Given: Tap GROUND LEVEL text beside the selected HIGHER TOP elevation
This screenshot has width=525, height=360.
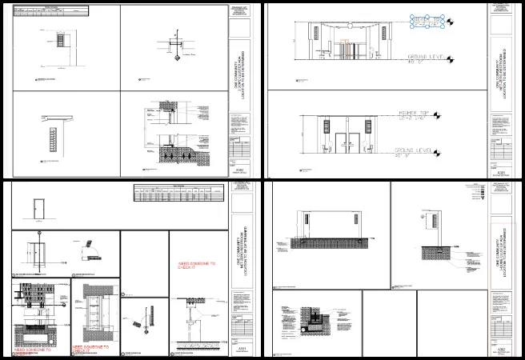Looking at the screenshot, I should (422, 58).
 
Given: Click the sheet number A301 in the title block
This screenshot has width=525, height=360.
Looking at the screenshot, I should (502, 172).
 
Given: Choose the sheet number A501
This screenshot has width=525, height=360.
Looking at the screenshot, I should (239, 350).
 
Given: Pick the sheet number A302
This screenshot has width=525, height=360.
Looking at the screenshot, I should (502, 350).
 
